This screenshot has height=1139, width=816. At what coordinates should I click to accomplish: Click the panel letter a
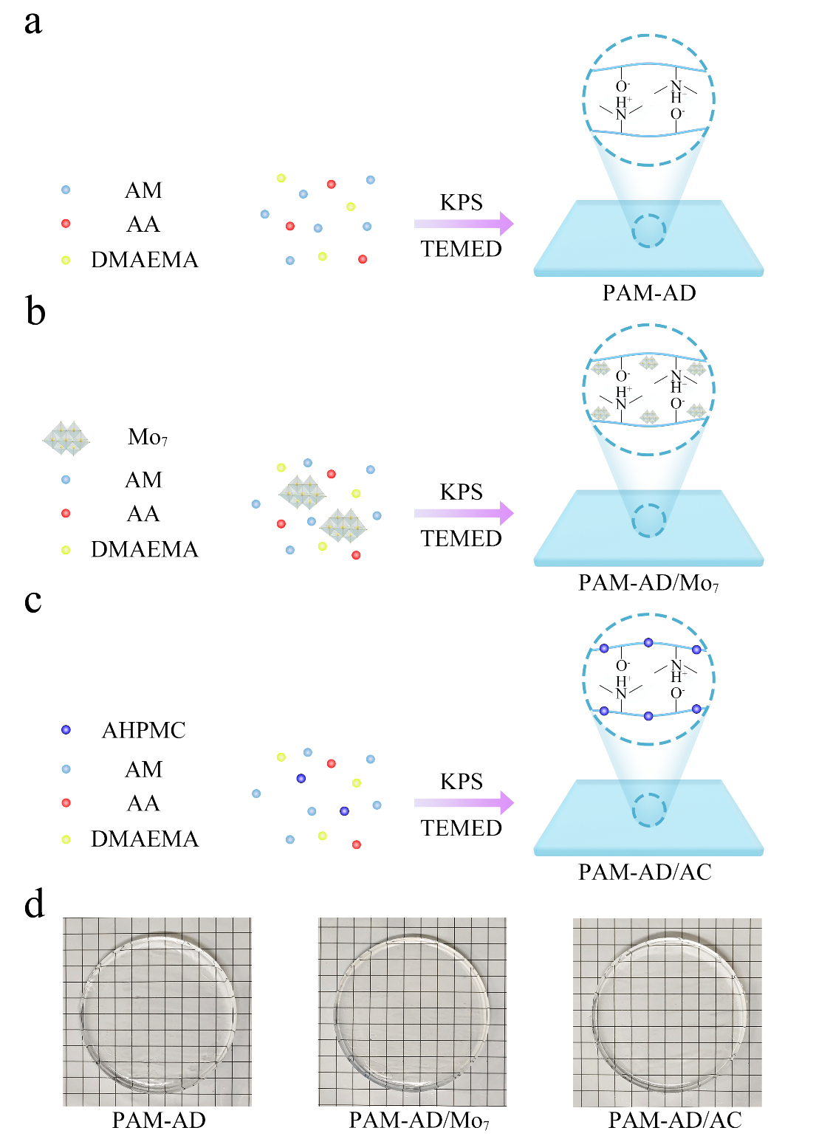click(x=32, y=22)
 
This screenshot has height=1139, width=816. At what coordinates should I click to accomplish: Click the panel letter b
click(x=35, y=311)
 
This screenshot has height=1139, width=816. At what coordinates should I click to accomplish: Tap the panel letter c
click(x=32, y=600)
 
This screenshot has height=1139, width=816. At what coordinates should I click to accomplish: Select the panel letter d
click(x=34, y=904)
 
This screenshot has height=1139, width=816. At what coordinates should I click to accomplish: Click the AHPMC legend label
click(x=143, y=730)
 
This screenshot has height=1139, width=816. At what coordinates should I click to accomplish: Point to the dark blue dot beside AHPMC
click(x=66, y=730)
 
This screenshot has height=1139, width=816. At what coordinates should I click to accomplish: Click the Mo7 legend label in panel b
click(x=148, y=437)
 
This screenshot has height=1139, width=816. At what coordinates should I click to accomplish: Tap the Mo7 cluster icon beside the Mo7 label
click(x=66, y=438)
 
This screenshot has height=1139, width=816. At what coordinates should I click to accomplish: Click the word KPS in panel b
click(x=462, y=492)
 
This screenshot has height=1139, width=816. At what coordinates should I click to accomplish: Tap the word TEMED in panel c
click(x=462, y=828)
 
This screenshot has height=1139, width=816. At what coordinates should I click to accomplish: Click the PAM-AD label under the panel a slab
click(x=649, y=293)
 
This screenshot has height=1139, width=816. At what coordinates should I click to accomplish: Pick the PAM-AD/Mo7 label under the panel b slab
click(x=648, y=583)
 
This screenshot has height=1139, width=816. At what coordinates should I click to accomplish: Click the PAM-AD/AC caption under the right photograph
click(x=674, y=1121)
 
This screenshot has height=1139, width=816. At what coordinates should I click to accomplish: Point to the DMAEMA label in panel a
click(x=145, y=260)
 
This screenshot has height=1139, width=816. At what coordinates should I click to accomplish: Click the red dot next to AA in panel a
click(x=66, y=224)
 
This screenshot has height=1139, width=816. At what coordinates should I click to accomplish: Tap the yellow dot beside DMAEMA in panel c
click(x=66, y=839)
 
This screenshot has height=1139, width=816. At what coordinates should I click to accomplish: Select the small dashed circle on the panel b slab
click(x=649, y=520)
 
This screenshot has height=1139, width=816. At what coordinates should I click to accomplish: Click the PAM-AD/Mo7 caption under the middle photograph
click(x=419, y=1121)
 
